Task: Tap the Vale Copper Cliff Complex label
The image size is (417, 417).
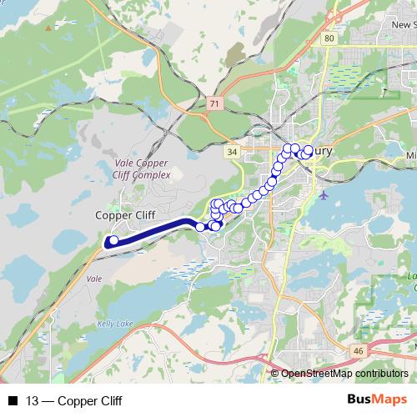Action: (x=141, y=170)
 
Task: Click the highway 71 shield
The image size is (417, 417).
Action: (x=216, y=103)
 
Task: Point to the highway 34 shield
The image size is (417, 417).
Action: (x=232, y=152)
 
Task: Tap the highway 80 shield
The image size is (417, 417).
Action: (x=330, y=38)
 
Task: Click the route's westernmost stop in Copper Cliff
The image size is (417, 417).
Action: (x=113, y=240)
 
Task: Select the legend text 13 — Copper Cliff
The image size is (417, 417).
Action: (x=74, y=401)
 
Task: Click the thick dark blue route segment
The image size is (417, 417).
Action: (x=158, y=229)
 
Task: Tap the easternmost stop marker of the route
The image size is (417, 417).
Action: (x=308, y=150)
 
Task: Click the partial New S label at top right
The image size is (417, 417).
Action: (x=404, y=25)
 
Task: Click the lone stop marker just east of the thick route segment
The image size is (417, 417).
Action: (x=200, y=226)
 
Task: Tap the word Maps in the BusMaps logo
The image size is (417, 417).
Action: (x=387, y=400)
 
